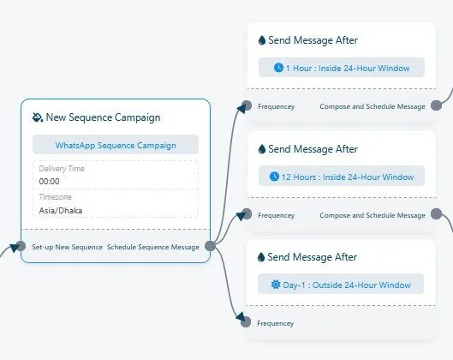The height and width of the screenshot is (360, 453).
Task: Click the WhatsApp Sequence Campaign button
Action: [x=116, y=145]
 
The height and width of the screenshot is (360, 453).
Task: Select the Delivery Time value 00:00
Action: [x=49, y=182]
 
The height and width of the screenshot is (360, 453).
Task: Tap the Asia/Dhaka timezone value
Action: [x=61, y=210]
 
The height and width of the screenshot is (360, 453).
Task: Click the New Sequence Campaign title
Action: [x=103, y=117]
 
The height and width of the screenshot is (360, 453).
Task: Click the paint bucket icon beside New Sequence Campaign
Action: [x=38, y=117]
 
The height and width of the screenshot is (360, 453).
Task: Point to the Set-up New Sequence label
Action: [x=67, y=247]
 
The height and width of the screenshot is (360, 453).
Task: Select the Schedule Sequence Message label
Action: [x=152, y=247]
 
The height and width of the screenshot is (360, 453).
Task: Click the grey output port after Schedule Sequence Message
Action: [x=211, y=246]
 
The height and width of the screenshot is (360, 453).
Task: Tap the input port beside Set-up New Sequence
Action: [x=21, y=246]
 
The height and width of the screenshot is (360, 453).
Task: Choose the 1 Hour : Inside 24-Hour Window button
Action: [x=342, y=68]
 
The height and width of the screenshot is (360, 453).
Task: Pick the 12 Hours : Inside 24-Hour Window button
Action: [x=342, y=176]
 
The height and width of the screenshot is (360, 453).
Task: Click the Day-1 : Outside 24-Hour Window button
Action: [x=341, y=285]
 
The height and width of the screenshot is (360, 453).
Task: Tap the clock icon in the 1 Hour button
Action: [x=278, y=68]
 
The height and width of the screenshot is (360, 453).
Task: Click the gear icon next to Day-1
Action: [x=276, y=285]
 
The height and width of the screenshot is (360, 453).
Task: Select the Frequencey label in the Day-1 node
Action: [x=276, y=323]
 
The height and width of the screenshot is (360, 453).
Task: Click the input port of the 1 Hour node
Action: [x=247, y=105]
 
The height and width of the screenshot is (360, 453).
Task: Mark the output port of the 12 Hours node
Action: [x=436, y=214]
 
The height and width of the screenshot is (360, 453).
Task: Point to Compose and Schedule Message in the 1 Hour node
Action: [x=373, y=106]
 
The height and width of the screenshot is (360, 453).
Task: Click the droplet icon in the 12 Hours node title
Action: [x=262, y=149]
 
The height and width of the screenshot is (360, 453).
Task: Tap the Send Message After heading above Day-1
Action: [x=312, y=257]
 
